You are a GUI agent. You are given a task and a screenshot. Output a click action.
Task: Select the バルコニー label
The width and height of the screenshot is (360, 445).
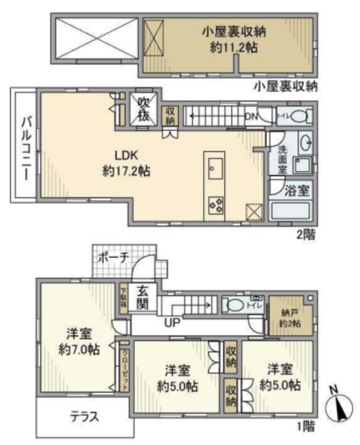[24, 147]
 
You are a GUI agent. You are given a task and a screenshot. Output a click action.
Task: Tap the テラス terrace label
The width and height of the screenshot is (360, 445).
[83, 417]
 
